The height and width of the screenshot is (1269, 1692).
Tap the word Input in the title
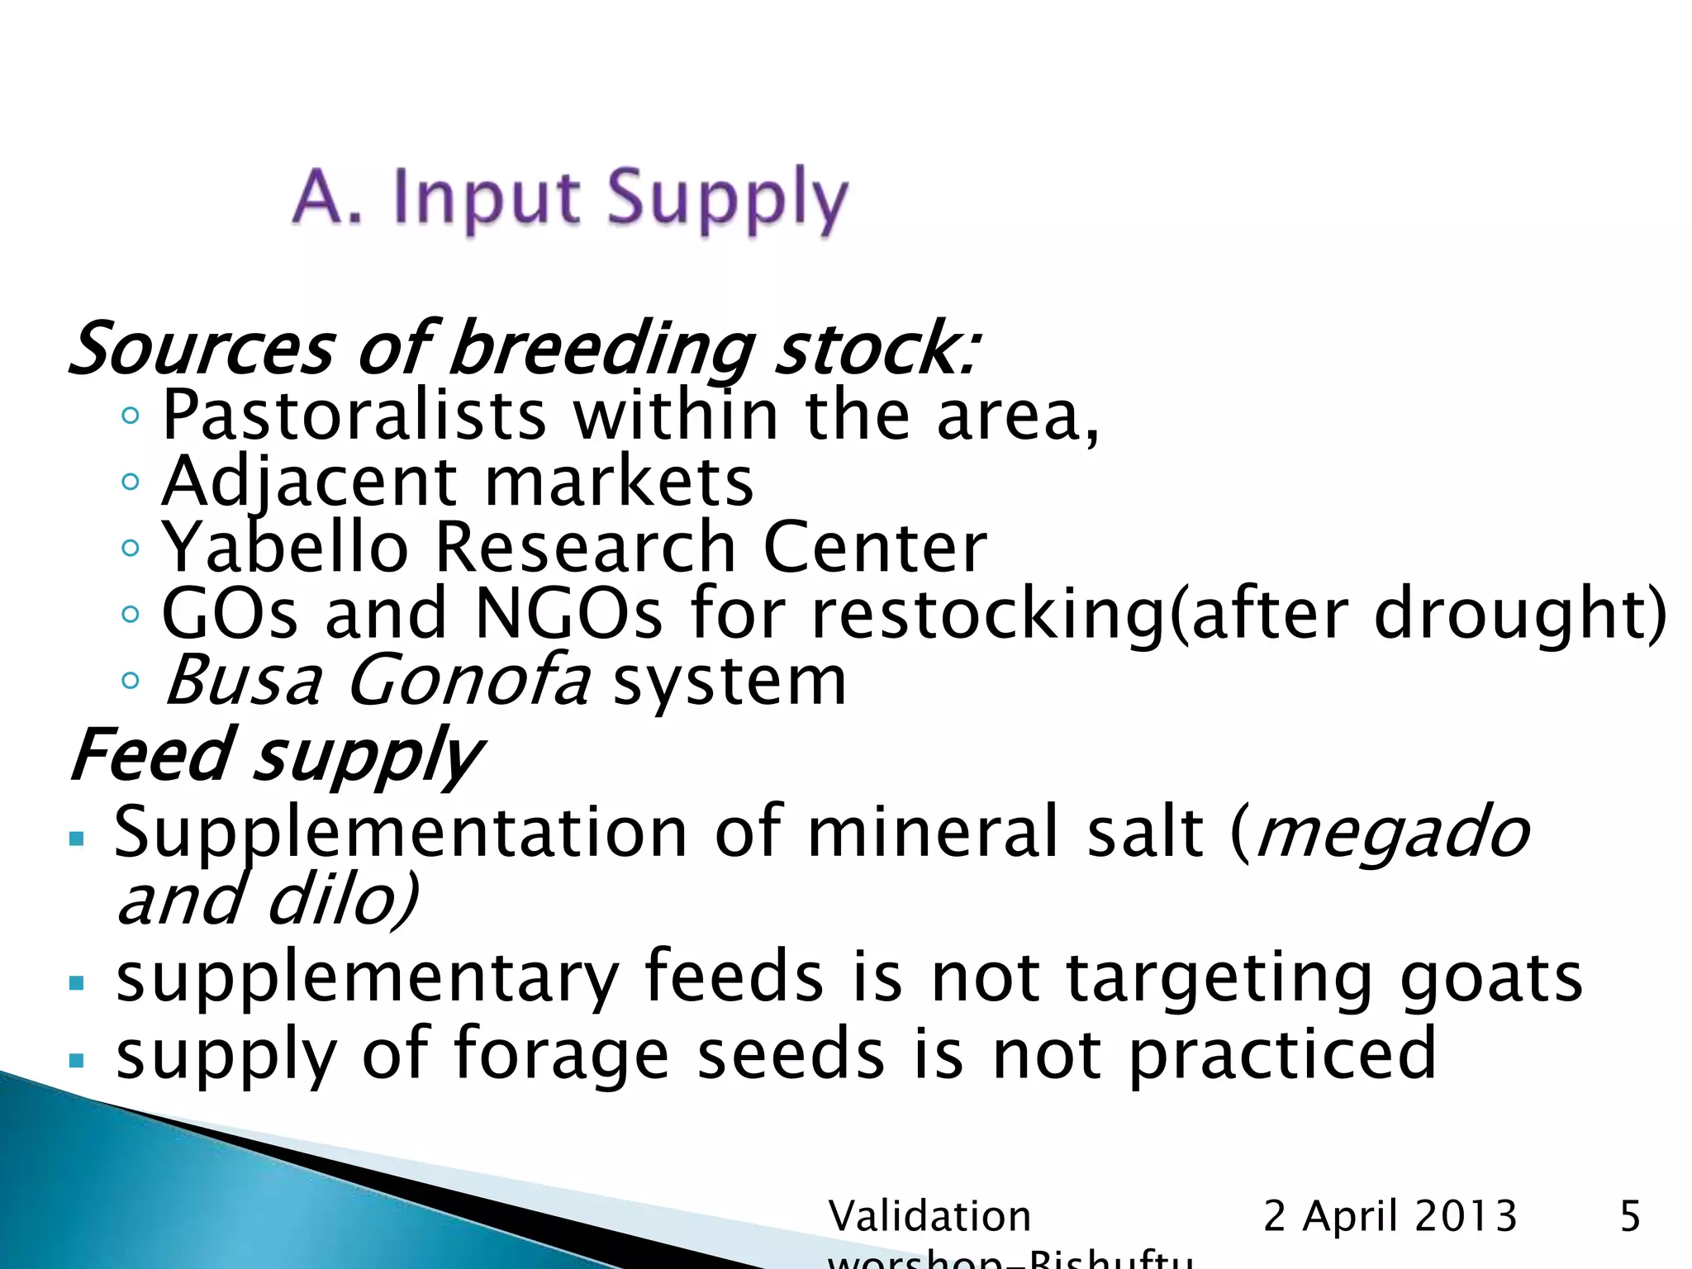click(x=487, y=198)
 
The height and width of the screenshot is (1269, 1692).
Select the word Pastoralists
click(x=354, y=415)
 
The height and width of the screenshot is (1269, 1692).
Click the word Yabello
click(x=285, y=547)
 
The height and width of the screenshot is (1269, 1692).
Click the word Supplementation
click(x=401, y=832)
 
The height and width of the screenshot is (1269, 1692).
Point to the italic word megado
click(x=1393, y=832)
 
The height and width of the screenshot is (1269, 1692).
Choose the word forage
click(x=561, y=1054)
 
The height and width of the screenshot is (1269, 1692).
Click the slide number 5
click(x=1630, y=1216)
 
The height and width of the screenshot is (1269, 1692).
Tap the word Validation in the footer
click(x=929, y=1216)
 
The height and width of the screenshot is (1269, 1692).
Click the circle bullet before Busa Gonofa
click(x=130, y=681)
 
